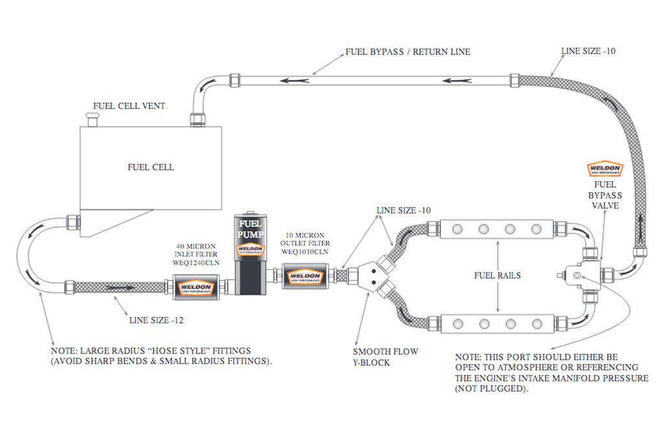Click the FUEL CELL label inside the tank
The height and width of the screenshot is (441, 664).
point(150,167)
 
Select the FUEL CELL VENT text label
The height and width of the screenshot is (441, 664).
point(128,106)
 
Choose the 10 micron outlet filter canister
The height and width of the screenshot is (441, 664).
point(305,278)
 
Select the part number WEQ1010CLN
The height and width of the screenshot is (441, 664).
point(305,251)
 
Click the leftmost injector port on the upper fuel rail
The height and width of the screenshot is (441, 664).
point(457,229)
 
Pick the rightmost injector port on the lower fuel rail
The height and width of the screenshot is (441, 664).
point(536,322)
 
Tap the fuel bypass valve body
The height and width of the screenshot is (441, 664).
point(580,275)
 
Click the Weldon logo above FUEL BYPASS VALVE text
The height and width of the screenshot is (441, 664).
point(604,169)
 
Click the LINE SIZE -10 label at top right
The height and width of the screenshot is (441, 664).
point(587,51)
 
